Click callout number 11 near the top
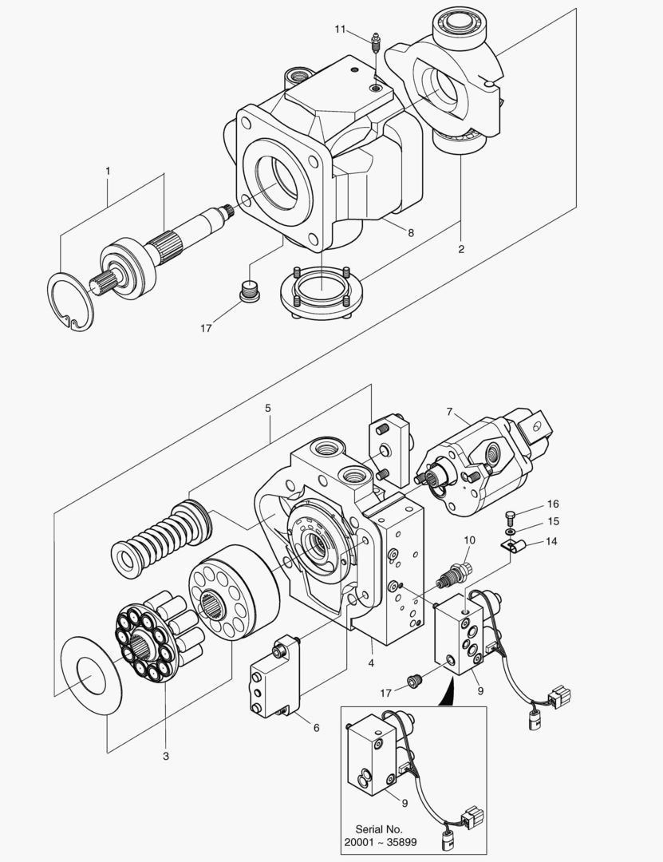click(x=341, y=29)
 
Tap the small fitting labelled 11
click(x=375, y=43)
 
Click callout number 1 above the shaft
click(x=108, y=171)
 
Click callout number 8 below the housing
click(x=411, y=232)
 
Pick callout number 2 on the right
click(x=461, y=249)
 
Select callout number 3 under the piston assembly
click(x=166, y=756)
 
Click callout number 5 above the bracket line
click(x=268, y=408)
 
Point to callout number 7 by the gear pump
click(x=449, y=411)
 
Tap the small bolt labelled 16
click(x=510, y=517)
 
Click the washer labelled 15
click(x=511, y=532)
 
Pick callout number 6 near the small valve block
click(x=316, y=727)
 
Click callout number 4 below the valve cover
click(x=371, y=663)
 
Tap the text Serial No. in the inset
click(x=379, y=829)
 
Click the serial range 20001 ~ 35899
click(x=381, y=842)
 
